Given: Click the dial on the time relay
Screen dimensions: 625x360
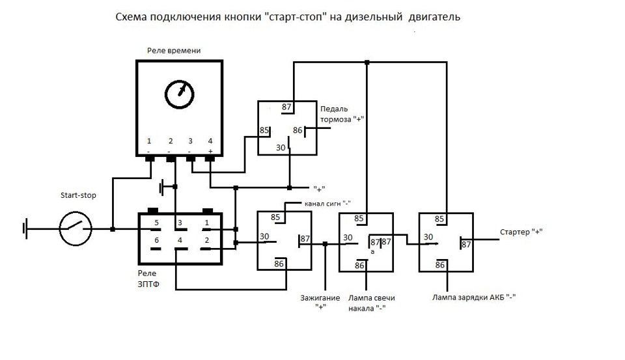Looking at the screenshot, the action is pos(180,94).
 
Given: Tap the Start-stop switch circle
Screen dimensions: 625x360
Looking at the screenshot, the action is pos(76,229).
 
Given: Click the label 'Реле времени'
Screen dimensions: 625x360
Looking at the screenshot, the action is pos(174,51).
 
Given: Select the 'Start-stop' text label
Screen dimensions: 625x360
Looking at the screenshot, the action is pos(78,195).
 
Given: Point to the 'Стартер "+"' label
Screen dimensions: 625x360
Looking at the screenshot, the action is pos(521,232).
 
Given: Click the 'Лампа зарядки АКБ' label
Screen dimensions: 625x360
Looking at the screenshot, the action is pos(469,297).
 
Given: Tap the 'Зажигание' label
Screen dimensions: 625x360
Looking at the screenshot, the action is pos(320,298).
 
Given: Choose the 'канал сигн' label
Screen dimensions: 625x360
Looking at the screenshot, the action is pos(323,203).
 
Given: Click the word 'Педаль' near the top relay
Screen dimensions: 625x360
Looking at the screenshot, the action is pos(334,109).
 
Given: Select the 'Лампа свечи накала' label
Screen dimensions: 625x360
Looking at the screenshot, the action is pos(372,303).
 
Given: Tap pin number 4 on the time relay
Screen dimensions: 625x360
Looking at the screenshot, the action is pos(210,141).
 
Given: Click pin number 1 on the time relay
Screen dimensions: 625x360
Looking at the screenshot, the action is pos(149,141).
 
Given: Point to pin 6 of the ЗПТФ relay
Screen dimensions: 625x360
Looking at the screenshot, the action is pos(157,240).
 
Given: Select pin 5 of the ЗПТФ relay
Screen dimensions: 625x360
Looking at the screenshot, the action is pos(157,223).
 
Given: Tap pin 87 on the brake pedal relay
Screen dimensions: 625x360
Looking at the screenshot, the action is pos(286,107).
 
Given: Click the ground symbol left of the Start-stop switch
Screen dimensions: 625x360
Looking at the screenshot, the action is pos(26,229).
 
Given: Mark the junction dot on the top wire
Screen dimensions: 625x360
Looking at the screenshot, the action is pos(367,62).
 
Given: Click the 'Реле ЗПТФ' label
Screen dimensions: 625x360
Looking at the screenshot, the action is pos(148,279).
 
